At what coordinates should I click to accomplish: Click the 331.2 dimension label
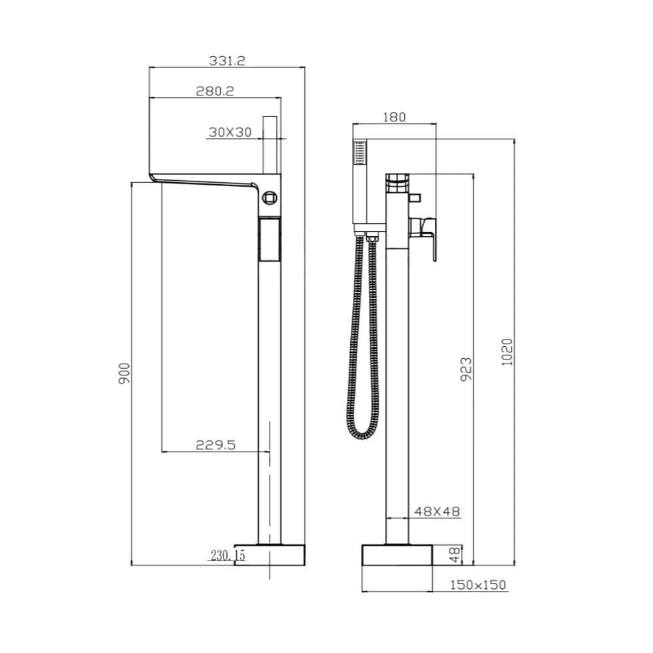pos(227,61)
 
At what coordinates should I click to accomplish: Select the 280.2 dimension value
pos(214,91)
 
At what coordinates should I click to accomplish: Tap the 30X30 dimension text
pos(229,132)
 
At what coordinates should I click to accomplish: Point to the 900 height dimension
pos(124,374)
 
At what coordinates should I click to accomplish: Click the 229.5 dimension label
pos(215,445)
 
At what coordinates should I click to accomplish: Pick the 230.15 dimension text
pos(228,555)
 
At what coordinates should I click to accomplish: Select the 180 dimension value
pos(394,117)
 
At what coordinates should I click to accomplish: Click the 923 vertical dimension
pos(466,369)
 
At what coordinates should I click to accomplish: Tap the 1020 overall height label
pos(507,352)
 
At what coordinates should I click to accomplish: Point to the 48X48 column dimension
pos(437,512)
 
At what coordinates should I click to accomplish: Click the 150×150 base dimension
pos(478,585)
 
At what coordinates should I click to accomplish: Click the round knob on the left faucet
pos(269,197)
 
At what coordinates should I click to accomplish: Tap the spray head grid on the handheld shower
pos(360,154)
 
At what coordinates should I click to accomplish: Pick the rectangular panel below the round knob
pos(269,241)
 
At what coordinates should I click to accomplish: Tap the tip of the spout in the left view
pos(153,177)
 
